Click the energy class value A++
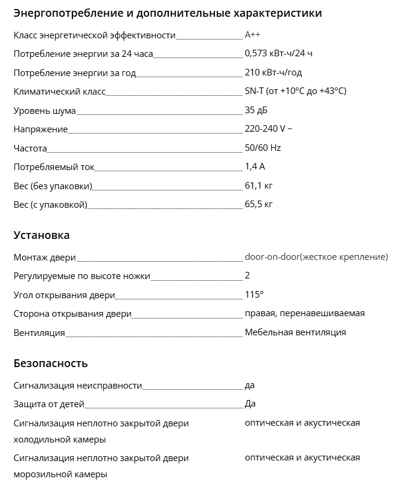253,35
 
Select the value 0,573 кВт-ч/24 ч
278,54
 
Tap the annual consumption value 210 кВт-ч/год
273,73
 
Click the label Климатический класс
59,92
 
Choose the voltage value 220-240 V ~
268,129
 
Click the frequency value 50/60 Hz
263,148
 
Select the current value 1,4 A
254,167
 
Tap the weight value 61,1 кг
259,186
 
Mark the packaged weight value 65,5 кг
259,205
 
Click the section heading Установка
41,235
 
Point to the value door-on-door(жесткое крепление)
316,257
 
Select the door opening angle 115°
254,295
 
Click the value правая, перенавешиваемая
305,313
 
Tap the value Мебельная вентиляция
295,332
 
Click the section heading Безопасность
50,363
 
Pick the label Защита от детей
49,404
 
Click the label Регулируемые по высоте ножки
81,276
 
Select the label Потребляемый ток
54,167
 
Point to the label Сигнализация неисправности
78,386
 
